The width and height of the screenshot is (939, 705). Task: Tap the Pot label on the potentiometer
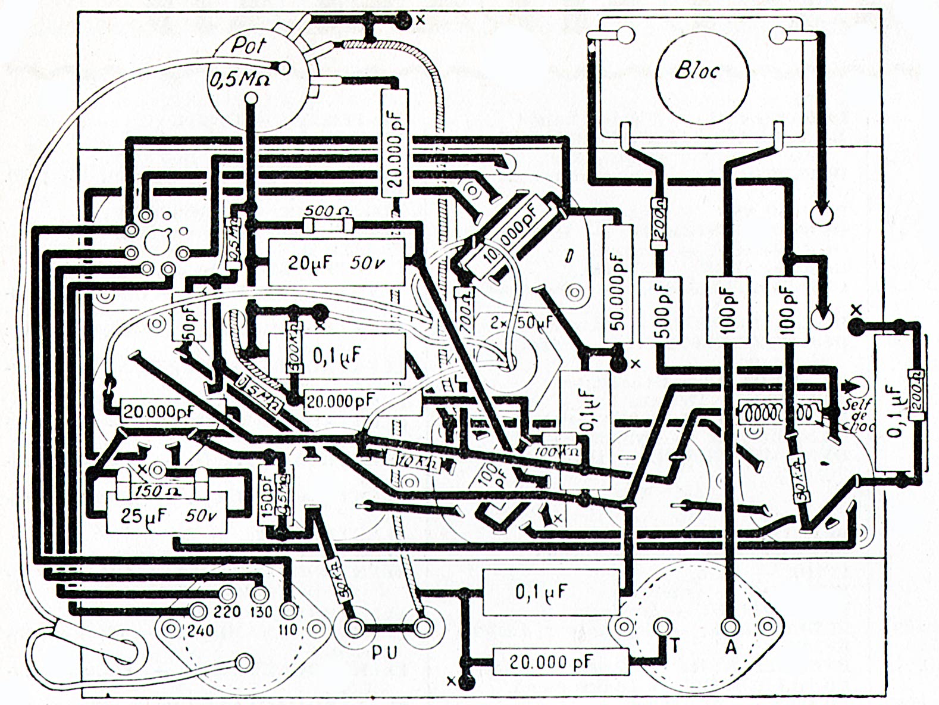coord(249,46)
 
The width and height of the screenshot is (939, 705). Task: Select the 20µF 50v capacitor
coord(336,262)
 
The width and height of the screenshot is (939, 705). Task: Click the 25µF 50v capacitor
coord(166,516)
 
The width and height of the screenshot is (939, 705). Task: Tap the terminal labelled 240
coord(198,611)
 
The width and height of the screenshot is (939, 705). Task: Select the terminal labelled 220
coord(227,594)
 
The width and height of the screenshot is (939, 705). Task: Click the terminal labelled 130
coord(259,594)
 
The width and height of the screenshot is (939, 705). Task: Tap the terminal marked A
coord(730,626)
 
